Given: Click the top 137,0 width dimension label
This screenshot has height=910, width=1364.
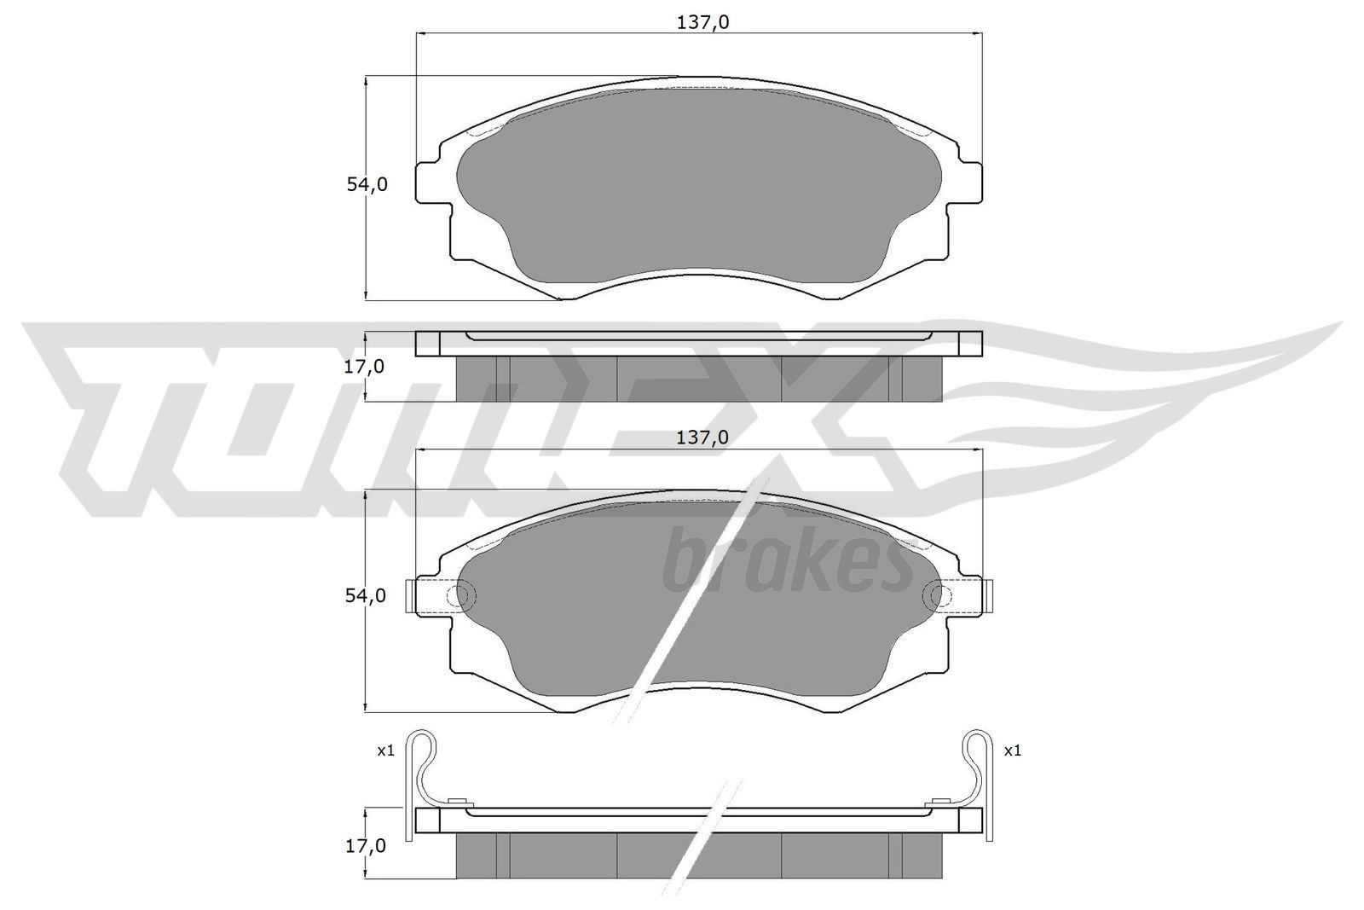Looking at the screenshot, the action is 702,22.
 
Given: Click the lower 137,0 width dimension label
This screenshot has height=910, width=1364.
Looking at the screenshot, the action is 702,438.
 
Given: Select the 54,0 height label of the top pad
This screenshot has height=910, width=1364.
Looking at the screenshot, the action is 367,184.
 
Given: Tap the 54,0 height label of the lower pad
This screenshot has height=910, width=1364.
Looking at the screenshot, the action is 366,595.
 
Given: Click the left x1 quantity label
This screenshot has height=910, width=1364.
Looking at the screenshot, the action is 385,751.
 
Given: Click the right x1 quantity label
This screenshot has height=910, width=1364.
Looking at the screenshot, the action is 1012,751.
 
